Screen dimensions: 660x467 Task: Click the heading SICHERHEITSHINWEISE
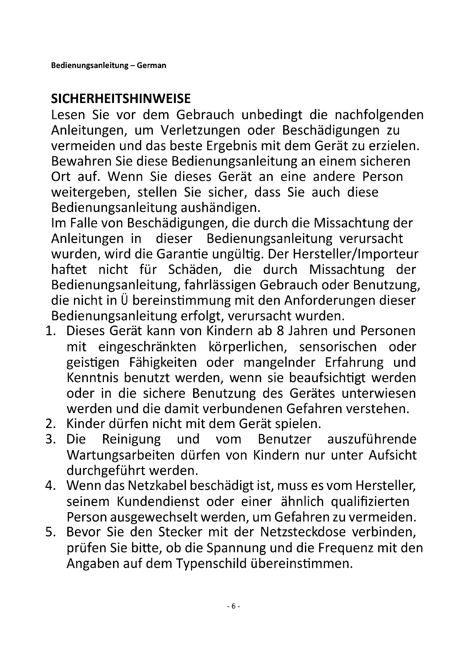click(121, 99)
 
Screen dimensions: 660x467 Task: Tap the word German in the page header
click(151, 65)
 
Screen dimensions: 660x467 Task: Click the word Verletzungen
click(200, 131)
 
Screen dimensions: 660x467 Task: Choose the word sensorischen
click(338, 347)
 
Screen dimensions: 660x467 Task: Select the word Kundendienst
click(158, 502)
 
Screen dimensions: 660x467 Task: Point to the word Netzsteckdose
click(303, 532)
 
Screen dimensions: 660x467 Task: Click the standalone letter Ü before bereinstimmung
click(123, 301)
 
